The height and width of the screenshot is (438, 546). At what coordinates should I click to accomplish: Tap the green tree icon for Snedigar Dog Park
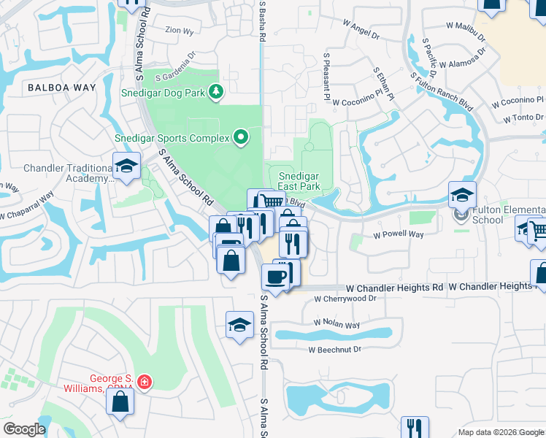tap(216, 91)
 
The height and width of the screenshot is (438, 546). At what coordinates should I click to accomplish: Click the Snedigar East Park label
tap(300, 181)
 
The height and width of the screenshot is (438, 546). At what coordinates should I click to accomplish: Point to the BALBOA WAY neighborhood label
tap(61, 88)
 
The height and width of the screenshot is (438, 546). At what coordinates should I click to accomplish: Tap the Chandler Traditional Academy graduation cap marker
tap(126, 166)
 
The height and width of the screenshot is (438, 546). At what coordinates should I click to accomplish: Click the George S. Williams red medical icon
tap(145, 382)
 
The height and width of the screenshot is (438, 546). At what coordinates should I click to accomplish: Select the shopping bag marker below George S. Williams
tap(120, 401)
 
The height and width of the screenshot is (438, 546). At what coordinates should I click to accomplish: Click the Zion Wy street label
tap(180, 31)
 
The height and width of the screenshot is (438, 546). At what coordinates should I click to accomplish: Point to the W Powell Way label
tap(399, 235)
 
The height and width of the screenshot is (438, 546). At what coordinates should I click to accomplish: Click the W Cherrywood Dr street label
tap(345, 299)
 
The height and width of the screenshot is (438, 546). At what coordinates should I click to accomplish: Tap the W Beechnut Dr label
tap(335, 350)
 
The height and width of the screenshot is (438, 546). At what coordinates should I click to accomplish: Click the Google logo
tap(23, 429)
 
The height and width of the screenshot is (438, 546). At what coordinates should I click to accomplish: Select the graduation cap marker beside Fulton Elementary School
tap(462, 196)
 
